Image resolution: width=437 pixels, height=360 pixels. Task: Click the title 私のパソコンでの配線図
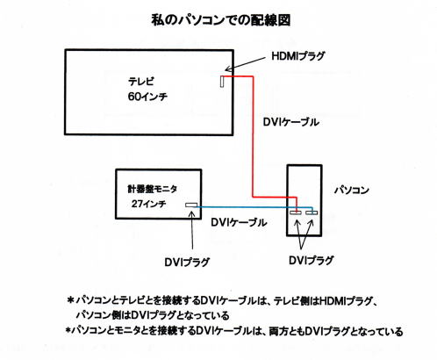point(221,20)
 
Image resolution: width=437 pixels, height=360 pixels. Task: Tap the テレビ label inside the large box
point(141,81)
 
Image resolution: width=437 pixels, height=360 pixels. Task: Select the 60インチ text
point(147,97)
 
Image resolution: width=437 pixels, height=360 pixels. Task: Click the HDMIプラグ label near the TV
point(298,55)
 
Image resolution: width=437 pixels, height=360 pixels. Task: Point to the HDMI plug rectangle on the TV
point(222,81)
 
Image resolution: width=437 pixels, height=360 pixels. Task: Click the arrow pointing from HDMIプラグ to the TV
point(245,64)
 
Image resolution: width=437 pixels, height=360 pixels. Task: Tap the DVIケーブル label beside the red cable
point(290,122)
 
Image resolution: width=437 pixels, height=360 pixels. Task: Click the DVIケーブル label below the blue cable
point(239,222)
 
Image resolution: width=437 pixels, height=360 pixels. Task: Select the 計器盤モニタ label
point(152,189)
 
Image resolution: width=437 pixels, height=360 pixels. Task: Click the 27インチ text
point(149,204)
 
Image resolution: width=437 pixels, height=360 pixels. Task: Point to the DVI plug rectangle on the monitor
point(191,205)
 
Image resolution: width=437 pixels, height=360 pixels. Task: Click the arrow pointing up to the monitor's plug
point(192,230)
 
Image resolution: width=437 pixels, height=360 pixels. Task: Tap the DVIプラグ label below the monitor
point(187,262)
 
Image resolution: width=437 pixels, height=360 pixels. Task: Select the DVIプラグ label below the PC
point(312,260)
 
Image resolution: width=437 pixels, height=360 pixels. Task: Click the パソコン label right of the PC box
point(352,190)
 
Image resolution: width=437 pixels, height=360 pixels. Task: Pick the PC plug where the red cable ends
point(296,212)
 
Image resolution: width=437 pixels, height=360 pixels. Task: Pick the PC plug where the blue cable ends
point(312,212)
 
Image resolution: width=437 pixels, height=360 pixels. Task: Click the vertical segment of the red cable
point(253,136)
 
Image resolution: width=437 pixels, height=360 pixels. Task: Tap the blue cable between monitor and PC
point(253,207)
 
